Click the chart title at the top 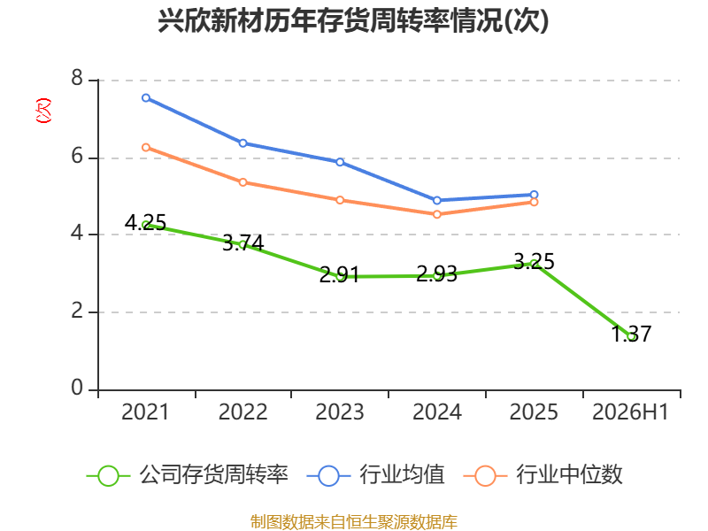point(353,20)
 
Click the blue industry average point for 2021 point(146,98)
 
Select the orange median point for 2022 point(242,182)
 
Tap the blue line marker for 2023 point(340,162)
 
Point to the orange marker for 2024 point(437,214)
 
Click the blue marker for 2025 point(535,195)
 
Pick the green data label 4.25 point(145,223)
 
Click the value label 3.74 point(242,243)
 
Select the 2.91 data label point(340,274)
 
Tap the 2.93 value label point(436,274)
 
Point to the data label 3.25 point(535,262)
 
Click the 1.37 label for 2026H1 point(631,335)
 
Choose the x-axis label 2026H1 point(630,412)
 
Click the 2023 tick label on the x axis point(340,412)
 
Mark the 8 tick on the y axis point(77,78)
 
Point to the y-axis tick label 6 point(77,157)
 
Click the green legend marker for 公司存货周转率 point(108,476)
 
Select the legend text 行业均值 point(402,475)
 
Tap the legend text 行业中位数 point(569,475)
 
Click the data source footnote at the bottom point(354,522)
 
